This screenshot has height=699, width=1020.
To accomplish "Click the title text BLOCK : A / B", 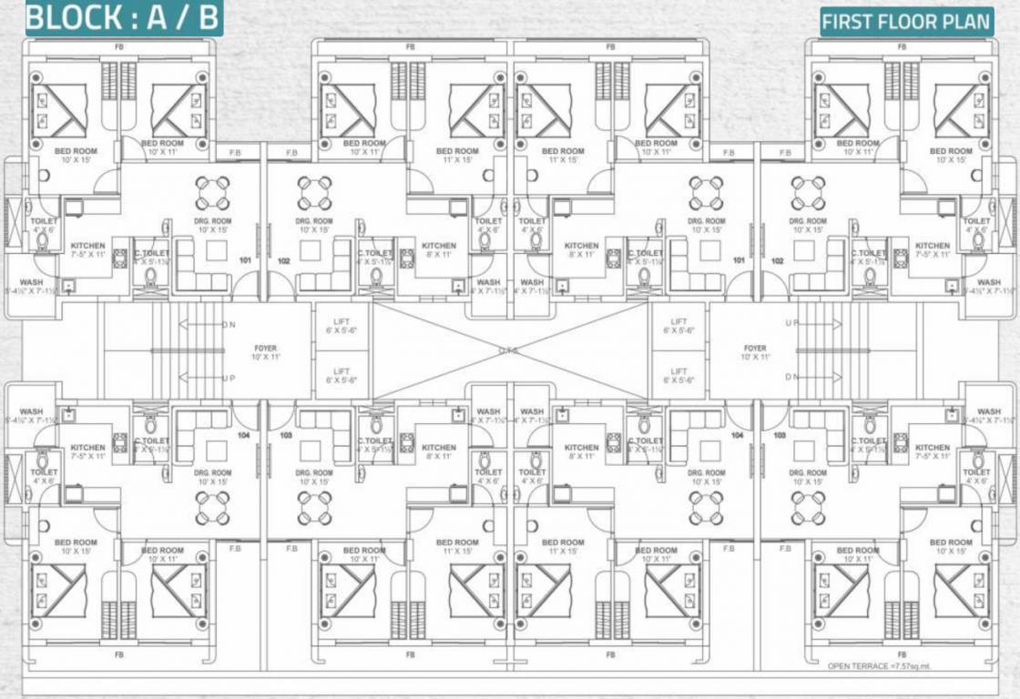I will click(123, 18).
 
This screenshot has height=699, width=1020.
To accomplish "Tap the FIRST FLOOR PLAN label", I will click(906, 22).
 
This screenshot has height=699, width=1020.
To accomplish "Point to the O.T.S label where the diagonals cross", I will click(510, 350).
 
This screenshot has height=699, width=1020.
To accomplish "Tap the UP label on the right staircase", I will click(791, 324).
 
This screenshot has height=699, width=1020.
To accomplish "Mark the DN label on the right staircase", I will click(791, 377).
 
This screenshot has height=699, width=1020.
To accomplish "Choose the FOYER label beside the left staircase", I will click(266, 353).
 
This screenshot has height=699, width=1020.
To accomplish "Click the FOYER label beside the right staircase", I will click(755, 353).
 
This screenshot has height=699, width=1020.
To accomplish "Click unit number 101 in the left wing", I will click(245, 259).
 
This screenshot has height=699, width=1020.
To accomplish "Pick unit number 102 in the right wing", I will click(778, 260).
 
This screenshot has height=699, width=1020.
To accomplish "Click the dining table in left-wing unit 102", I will click(314, 193).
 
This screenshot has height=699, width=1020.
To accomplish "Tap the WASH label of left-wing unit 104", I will click(31, 416).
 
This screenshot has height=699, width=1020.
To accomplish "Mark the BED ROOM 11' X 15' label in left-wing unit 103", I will click(456, 547).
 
